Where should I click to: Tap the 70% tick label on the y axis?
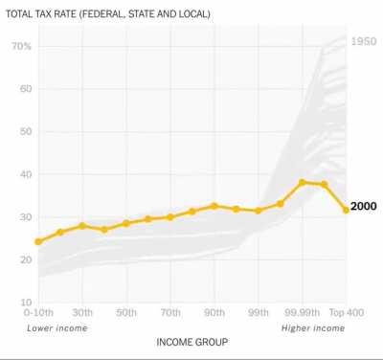[21, 46]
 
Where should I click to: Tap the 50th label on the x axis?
[126, 313]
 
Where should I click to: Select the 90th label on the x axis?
[214, 313]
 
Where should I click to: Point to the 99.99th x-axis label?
[302, 313]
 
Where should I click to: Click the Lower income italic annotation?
[56, 328]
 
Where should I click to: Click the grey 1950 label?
[364, 41]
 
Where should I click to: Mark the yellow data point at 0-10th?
[38, 241]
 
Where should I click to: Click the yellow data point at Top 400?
[346, 210]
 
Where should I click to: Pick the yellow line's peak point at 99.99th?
[302, 182]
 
